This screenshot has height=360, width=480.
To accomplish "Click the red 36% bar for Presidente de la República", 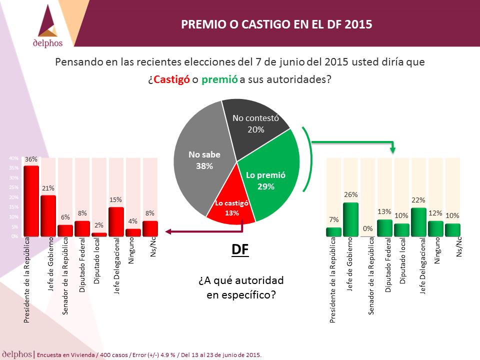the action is pos(31,201).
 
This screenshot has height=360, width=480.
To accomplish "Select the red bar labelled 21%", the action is pos(48,216).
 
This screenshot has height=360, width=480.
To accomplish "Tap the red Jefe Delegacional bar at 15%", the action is pos(116,221).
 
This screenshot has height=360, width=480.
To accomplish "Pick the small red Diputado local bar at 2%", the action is pos(99,234).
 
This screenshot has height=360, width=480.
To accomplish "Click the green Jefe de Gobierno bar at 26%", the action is pos(351,219).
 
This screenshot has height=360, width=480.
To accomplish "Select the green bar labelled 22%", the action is pos(419,222).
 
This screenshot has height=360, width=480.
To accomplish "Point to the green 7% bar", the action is pos(333,232).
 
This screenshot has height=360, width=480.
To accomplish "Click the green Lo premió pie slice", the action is pos(269,174).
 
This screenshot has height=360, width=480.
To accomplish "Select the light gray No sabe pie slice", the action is pos(202,159).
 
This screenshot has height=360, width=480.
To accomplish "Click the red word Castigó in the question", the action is pos(171,79).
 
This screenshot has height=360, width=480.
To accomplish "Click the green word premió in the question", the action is pos(219,79).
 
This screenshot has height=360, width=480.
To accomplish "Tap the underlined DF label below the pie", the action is pos(240,250).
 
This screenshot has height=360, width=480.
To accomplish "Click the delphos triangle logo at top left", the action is pos(48,21).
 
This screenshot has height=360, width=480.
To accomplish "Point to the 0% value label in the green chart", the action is pos(367,228).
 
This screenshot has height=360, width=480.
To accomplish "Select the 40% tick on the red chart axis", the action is pos(14,158).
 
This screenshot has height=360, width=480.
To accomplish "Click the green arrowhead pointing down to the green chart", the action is pos(393,149).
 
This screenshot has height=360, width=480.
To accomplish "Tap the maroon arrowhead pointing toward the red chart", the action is pos(168,231).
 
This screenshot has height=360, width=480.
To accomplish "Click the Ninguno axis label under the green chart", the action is pos(437,250).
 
